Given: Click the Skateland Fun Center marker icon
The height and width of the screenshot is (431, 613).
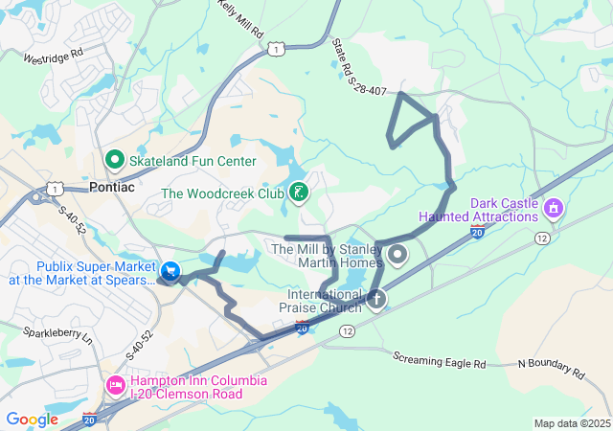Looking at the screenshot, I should [114, 159].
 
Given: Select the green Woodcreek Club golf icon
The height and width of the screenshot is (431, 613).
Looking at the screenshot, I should [298, 193].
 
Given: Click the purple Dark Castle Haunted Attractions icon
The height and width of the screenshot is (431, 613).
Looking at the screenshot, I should [552, 208].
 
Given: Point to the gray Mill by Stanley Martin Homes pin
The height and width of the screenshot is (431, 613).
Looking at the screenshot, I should [397, 254].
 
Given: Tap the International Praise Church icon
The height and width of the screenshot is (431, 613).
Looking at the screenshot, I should [376, 301].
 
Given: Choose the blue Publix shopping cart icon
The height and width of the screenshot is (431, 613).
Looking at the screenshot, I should [170, 272].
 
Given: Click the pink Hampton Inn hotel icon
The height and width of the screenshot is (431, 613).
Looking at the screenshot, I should [115, 384].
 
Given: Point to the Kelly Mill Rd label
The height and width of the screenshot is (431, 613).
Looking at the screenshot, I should [240, 19].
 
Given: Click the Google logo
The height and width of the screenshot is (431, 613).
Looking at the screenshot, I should [33, 419].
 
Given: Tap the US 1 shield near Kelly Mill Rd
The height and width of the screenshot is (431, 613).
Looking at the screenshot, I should [275, 47].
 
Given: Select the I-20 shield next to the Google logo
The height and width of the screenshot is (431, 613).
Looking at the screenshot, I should [89, 419].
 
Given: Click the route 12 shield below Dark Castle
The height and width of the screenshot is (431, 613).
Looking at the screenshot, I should [542, 237].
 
